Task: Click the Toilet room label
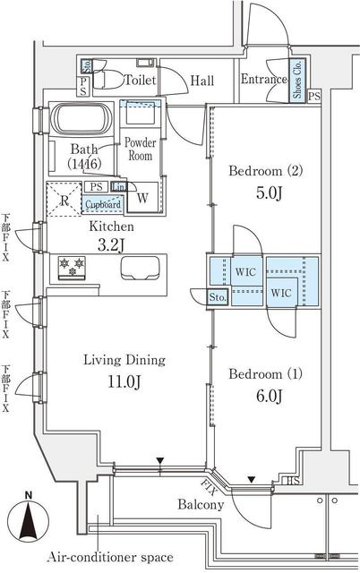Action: point(141,81)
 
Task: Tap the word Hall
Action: point(202,81)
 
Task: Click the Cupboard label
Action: point(102,204)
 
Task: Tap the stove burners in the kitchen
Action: point(70,266)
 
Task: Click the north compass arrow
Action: point(30,519)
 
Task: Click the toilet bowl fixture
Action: point(106,80)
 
